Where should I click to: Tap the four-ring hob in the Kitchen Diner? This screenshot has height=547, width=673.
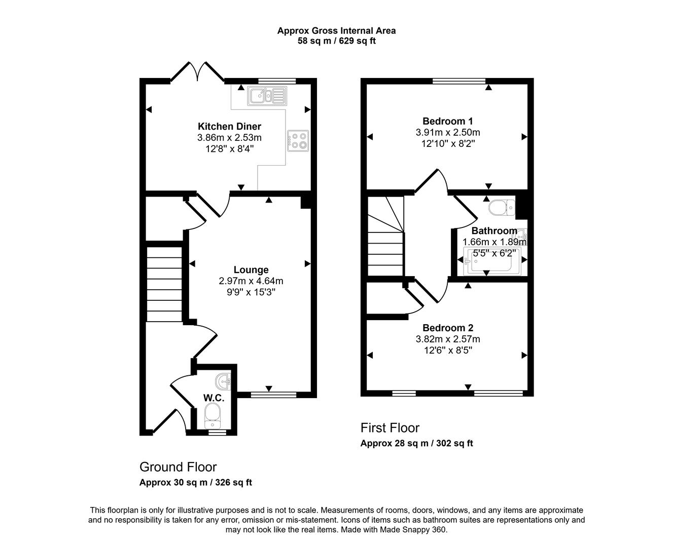pos(298,141)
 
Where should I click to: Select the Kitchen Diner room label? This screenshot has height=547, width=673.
pos(229,127)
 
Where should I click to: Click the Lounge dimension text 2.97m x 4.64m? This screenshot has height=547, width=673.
pos(251,281)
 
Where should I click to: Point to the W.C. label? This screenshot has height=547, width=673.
pos(214,398)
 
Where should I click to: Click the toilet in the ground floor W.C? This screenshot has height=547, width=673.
pos(213,415)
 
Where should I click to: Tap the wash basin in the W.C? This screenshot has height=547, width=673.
pos(223,380)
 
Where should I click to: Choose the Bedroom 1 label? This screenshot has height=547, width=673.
pos(447,121)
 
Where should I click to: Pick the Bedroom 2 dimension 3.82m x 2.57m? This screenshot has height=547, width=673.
pos(447,339)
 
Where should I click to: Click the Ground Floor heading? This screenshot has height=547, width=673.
pos(178,467)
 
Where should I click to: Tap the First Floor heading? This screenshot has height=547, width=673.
pos(390,428)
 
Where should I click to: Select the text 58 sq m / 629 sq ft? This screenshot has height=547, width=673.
pos(336,41)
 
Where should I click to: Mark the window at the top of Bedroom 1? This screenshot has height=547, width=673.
pos(459,81)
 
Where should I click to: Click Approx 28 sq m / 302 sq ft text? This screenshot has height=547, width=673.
pos(416,443)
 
